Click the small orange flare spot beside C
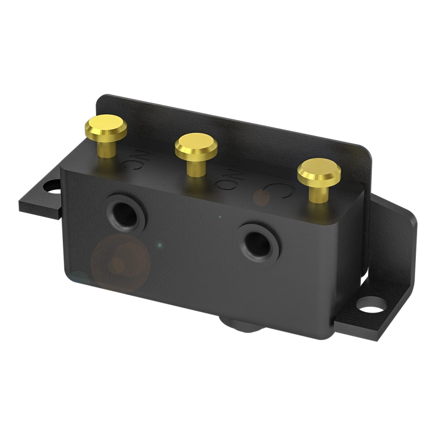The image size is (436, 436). [x=262, y=198]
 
